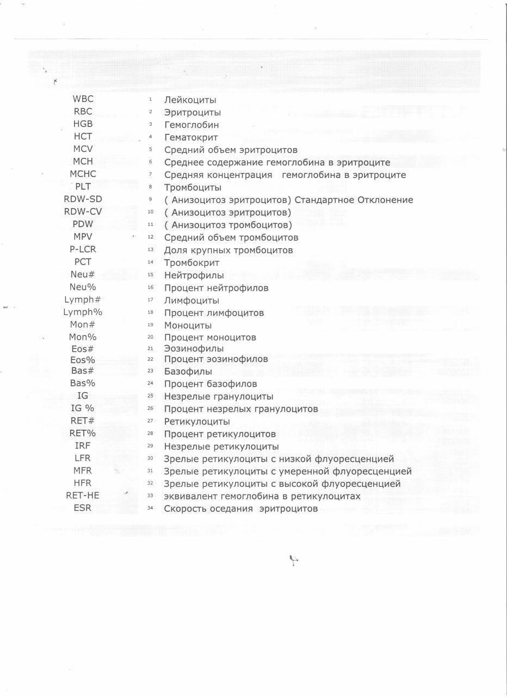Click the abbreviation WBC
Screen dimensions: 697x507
(83, 99)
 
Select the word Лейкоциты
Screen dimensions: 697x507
(190, 100)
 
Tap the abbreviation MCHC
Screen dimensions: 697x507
(83, 174)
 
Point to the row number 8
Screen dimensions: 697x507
(150, 187)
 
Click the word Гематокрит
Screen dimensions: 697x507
(191, 138)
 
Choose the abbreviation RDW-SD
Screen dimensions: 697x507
(83, 199)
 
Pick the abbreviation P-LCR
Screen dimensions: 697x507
(83, 249)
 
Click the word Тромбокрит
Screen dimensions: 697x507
(191, 263)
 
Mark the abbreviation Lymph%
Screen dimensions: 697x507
(83, 313)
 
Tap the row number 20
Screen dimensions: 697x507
(151, 337)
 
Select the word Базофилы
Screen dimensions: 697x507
(188, 371)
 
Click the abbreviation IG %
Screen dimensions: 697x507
(83, 408)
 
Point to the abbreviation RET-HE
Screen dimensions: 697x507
(83, 496)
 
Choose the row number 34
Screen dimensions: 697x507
(151, 509)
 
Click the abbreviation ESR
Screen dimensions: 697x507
(83, 508)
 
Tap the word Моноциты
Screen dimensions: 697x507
(188, 326)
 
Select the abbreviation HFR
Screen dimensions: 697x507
(83, 483)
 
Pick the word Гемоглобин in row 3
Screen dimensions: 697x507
(191, 125)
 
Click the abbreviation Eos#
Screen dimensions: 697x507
(83, 349)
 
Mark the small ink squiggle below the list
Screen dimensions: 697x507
(294, 559)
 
